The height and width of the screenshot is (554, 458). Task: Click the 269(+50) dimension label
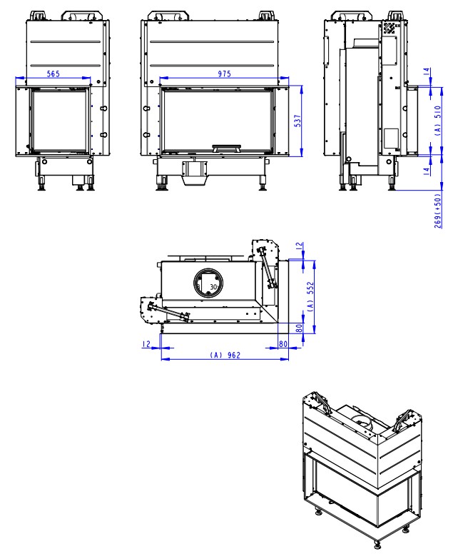pyautogui.click(x=437, y=207)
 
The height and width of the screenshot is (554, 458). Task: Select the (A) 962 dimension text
pyautogui.click(x=226, y=353)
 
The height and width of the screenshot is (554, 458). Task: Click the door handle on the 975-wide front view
pyautogui.click(x=229, y=148)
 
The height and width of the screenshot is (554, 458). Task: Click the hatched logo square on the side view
pyautogui.click(x=390, y=28)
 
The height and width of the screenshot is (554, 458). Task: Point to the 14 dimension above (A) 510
pyautogui.click(x=437, y=74)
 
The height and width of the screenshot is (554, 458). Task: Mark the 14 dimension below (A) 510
pyautogui.click(x=437, y=169)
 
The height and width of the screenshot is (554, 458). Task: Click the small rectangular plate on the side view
pyautogui.click(x=391, y=137)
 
